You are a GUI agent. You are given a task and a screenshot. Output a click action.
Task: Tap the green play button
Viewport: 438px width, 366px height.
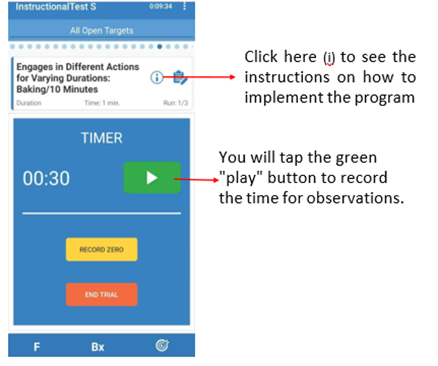point(152,177)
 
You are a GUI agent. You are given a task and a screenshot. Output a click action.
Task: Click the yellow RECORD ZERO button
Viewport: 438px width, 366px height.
point(102,250)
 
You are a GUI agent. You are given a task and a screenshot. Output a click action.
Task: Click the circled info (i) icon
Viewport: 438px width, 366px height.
point(157,77)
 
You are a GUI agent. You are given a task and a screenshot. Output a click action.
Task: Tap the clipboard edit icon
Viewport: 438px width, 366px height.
point(180,77)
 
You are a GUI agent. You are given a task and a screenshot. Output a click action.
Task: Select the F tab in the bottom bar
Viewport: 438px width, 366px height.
point(36,346)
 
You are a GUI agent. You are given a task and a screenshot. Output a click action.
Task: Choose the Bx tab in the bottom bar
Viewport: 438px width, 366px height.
point(98,346)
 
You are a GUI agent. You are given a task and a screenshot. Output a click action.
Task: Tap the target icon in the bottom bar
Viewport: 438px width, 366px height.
point(162,345)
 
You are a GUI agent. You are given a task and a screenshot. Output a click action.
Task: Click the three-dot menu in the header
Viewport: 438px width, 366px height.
point(184,6)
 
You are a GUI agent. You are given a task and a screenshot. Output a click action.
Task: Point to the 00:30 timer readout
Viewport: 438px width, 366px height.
point(46,178)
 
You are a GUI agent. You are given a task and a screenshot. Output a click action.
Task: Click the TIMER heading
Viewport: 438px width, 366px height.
point(102,138)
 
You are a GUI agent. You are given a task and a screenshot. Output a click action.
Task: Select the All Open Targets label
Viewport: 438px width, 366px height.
point(102,31)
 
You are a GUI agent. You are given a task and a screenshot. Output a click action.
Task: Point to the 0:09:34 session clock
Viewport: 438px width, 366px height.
point(161,6)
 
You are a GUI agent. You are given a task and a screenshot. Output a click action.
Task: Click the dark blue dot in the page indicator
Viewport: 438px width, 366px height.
point(159,47)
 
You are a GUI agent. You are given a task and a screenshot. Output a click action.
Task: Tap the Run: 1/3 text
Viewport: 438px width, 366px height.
point(176,103)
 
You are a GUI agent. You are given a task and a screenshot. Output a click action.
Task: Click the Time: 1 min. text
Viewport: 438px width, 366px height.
point(102,103)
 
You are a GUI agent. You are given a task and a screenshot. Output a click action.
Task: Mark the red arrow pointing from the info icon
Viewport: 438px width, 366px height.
point(198,77)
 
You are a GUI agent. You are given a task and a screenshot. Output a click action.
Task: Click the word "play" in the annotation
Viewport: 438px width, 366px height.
point(241,177)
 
